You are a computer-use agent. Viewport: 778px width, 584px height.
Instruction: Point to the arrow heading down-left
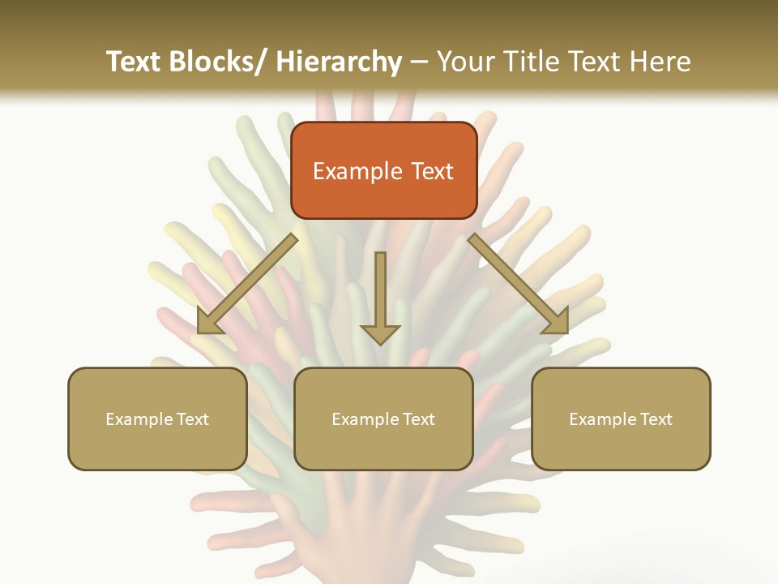click(247, 284)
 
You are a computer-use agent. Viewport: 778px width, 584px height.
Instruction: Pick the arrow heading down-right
click(519, 284)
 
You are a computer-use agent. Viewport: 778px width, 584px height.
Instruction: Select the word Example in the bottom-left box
click(139, 419)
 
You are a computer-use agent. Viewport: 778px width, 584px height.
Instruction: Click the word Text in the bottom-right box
click(655, 419)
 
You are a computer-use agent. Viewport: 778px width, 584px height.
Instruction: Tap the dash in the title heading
click(419, 62)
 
